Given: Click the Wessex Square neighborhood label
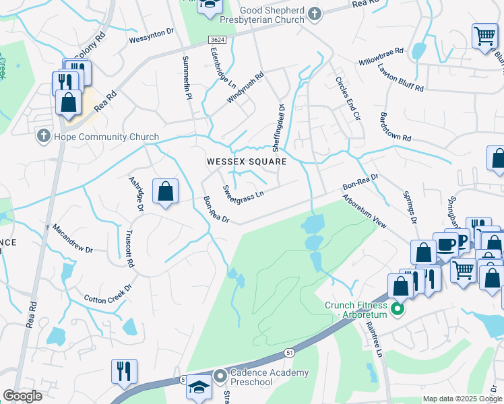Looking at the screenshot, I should pyautogui.click(x=247, y=162).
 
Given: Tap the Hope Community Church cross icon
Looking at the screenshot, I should pyautogui.click(x=43, y=137).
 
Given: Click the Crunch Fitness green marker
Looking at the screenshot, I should pyautogui.click(x=398, y=310).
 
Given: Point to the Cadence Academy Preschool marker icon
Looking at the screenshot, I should pyautogui.click(x=219, y=374).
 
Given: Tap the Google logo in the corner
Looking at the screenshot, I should pyautogui.click(x=22, y=396).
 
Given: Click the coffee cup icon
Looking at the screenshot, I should pyautogui.click(x=445, y=244).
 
